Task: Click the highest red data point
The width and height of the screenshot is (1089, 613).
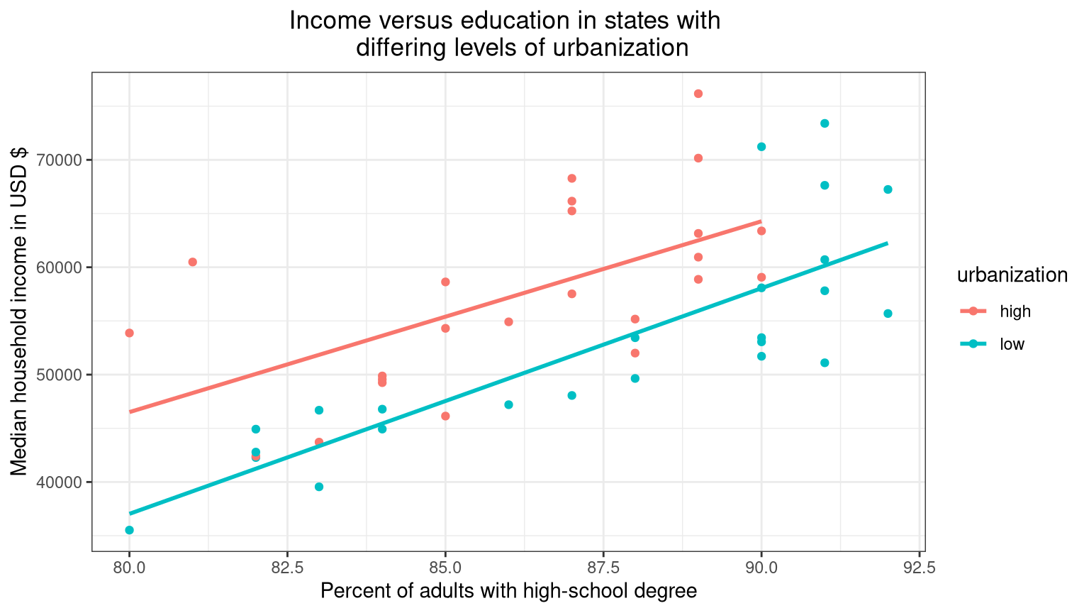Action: [x=698, y=94]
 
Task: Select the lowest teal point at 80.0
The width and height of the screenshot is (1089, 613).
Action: [x=129, y=530]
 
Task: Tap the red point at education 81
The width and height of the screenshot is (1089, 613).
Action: [x=192, y=262]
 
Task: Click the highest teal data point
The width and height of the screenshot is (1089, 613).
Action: [x=825, y=123]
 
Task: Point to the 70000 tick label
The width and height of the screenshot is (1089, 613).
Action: [x=60, y=160]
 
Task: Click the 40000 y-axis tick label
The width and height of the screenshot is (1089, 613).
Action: [x=60, y=482]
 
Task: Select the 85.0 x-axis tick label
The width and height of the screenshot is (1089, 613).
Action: [x=445, y=568]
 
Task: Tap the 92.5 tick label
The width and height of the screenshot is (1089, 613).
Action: [x=919, y=568]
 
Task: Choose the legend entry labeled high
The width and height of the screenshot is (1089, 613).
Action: [x=1015, y=311]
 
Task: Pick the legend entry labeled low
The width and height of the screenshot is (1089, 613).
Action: [x=1012, y=345]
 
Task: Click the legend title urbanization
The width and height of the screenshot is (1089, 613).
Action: [x=1012, y=275]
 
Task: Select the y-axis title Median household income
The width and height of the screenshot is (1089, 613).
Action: [x=19, y=311]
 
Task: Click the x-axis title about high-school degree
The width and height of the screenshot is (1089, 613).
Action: [x=508, y=591]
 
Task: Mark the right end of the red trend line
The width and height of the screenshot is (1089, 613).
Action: [x=761, y=221]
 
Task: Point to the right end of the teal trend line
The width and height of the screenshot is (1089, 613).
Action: [x=887, y=243]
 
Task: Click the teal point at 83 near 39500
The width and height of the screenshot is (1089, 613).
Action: [x=319, y=487]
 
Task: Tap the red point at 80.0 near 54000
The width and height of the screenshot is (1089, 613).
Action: [x=129, y=333]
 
